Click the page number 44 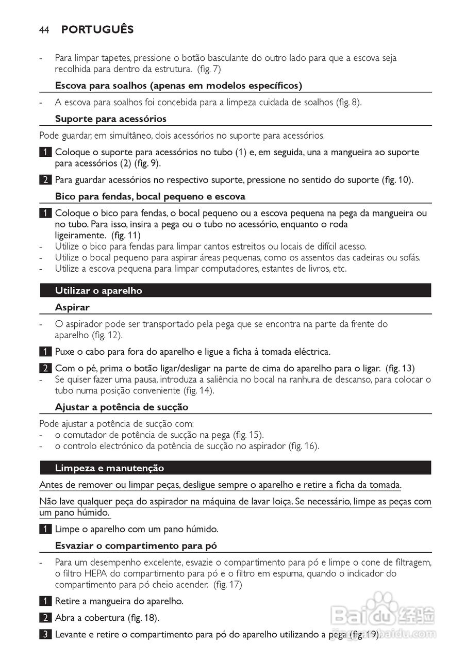[x=44, y=30]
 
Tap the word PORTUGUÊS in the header [x=97, y=29]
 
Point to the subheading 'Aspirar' [x=72, y=307]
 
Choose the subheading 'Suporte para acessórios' [x=111, y=119]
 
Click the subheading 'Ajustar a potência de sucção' [x=122, y=407]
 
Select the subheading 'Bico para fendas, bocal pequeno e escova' [x=150, y=196]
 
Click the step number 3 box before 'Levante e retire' [x=44, y=634]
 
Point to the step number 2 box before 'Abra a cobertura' [x=44, y=618]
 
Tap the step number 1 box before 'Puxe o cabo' [x=44, y=352]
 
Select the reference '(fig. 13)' [x=400, y=368]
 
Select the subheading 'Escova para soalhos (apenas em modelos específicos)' [x=178, y=86]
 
